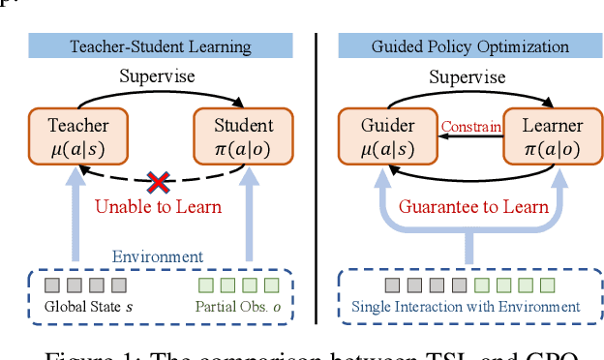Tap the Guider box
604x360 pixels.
coord(375,135)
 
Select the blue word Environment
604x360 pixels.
coord(157,256)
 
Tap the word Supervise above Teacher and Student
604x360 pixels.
coord(157,75)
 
